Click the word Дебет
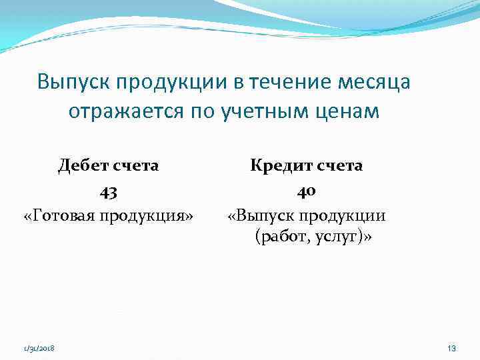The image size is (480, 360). pyautogui.click(x=85, y=165)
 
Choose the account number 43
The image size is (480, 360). pyautogui.click(x=109, y=193)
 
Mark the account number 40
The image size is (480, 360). pyautogui.click(x=306, y=192)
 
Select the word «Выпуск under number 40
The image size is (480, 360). pyautogui.click(x=261, y=216)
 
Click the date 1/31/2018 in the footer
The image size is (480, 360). pyautogui.click(x=39, y=349)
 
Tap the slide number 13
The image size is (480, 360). pyautogui.click(x=451, y=348)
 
